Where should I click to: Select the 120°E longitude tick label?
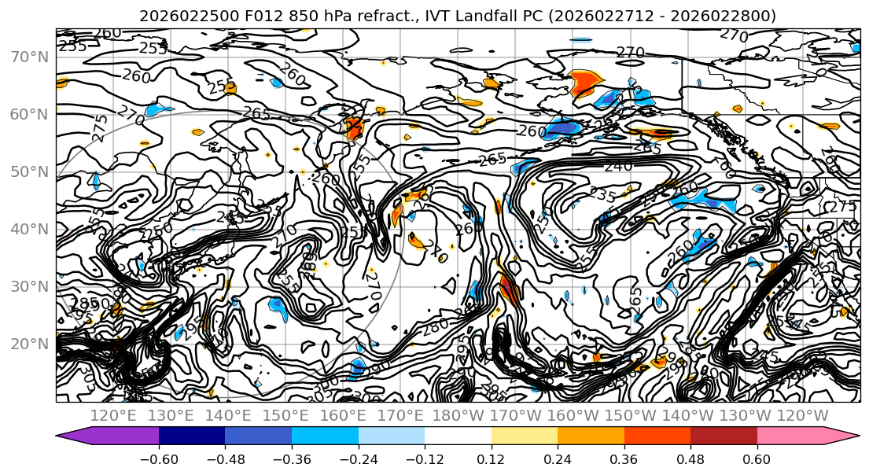[114, 414]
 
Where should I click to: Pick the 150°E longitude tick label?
[286, 414]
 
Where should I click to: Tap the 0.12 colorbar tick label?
[491, 458]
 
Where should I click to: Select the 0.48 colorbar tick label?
[690, 458]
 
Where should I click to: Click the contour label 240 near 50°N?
[618, 167]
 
